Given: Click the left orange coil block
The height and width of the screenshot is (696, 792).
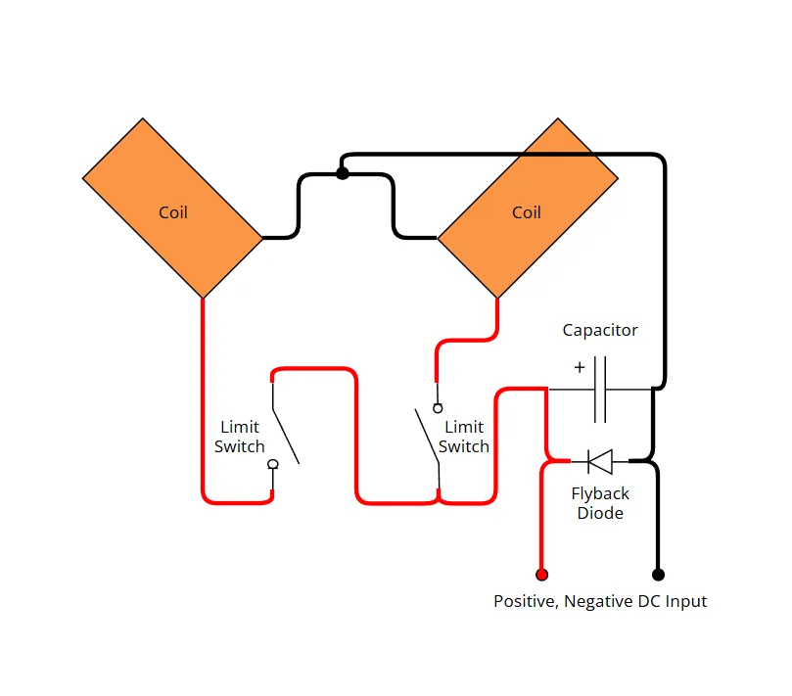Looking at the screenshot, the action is point(172,209).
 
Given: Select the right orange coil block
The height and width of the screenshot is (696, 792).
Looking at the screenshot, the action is point(528,209).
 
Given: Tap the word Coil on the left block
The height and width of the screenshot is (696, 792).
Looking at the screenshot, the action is point(173,212).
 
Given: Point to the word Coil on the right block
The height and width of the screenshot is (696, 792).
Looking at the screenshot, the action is point(527,212).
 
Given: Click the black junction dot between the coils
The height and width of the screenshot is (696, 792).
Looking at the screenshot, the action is point(343,173).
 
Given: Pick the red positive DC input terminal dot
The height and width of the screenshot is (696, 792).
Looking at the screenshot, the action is point(541,575).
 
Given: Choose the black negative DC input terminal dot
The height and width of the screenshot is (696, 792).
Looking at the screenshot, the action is point(658,575).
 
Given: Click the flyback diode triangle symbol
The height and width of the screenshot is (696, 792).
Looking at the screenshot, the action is point(600,462).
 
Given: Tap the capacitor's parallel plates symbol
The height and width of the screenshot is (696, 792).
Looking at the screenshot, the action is point(600,390).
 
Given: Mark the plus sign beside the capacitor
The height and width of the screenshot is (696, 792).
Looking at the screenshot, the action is point(580,367).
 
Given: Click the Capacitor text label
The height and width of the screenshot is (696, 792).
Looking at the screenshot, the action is point(600,330).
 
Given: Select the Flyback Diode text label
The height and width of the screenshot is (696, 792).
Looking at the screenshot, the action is point(600,503).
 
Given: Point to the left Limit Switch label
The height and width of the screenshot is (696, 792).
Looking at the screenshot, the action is point(240,437).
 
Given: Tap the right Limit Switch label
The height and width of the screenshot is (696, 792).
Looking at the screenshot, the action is point(464,437).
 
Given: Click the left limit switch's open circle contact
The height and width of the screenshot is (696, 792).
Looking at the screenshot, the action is point(273,464).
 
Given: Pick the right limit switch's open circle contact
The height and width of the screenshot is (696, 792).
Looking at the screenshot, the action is point(438,408).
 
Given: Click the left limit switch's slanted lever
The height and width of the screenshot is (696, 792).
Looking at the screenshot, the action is point(286,436).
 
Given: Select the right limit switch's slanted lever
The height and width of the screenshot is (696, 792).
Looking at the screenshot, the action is point(427,436).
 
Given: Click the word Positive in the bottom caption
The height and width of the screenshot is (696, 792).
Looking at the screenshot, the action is point(526,602).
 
